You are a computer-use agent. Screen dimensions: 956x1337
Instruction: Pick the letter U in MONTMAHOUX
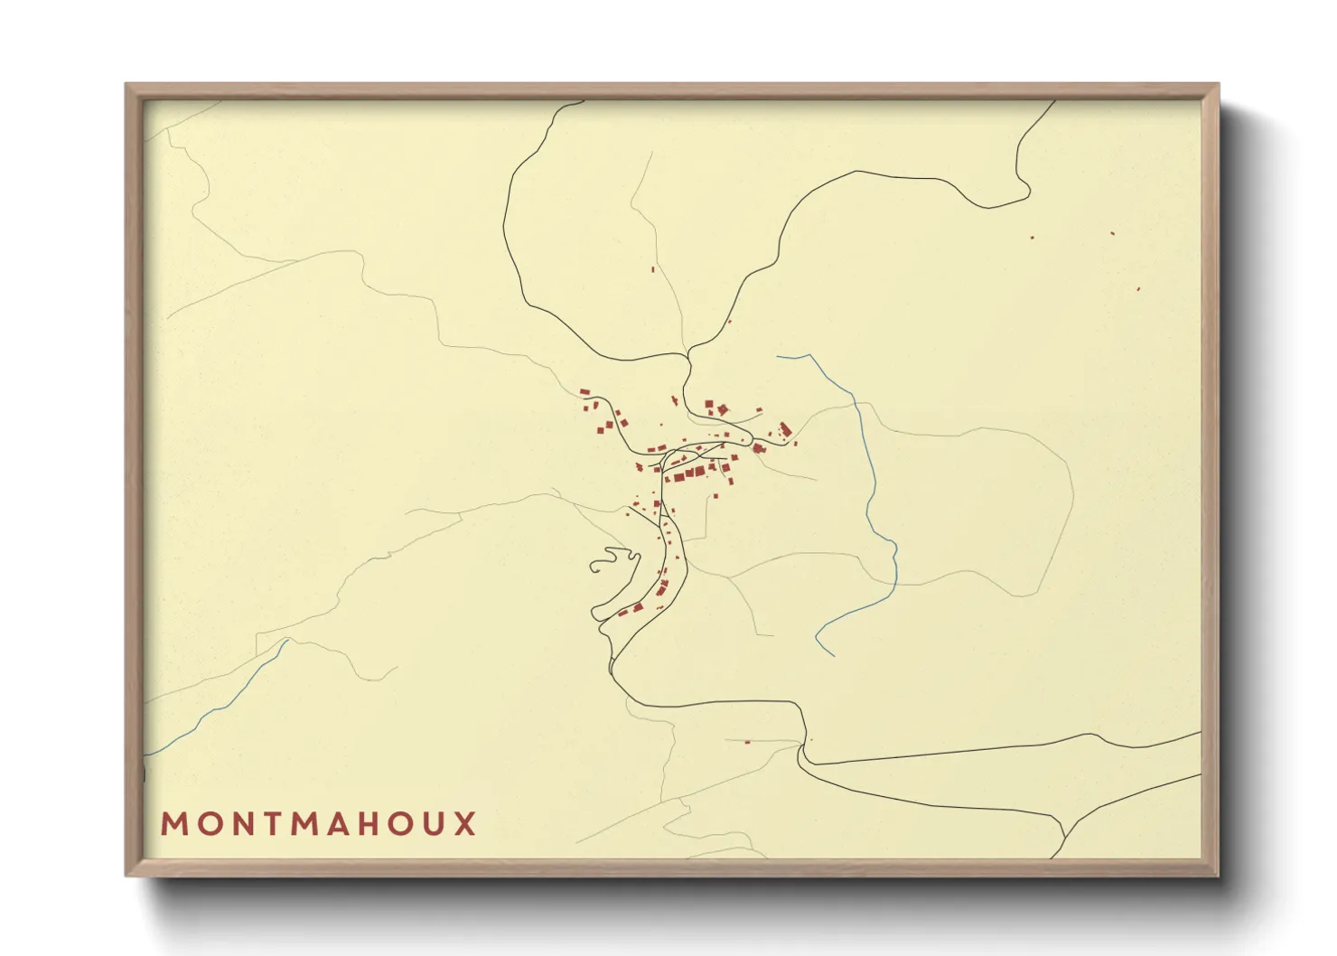(x=433, y=824)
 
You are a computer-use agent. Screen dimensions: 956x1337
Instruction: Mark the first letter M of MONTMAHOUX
(x=173, y=824)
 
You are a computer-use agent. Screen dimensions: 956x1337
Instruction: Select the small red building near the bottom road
(x=747, y=742)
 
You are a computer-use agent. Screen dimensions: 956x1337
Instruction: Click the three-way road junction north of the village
(x=688, y=352)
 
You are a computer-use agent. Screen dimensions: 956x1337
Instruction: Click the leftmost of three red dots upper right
(x=1032, y=238)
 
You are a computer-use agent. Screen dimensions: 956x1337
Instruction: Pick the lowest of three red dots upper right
(x=1138, y=289)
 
